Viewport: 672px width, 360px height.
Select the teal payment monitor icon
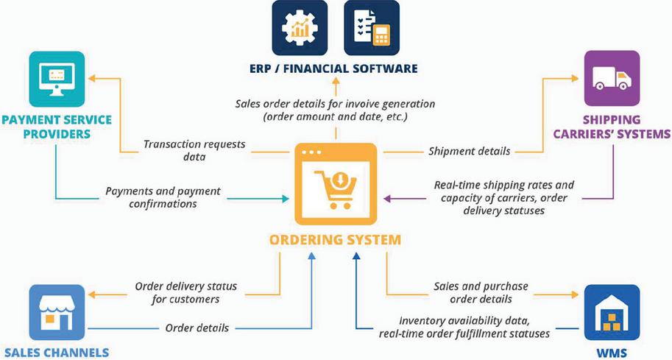56,79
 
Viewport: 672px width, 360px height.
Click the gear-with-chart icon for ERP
300,28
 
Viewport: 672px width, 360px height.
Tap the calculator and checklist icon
372,28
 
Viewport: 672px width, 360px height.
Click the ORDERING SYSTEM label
336,239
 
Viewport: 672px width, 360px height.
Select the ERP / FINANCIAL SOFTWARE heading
335,68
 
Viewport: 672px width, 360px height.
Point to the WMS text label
612,352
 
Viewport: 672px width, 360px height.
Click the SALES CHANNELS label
55,352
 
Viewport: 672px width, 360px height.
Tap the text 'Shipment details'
469,151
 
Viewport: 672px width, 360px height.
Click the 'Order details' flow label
197,328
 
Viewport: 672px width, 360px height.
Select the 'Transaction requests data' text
194,151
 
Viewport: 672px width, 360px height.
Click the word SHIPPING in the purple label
612,119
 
